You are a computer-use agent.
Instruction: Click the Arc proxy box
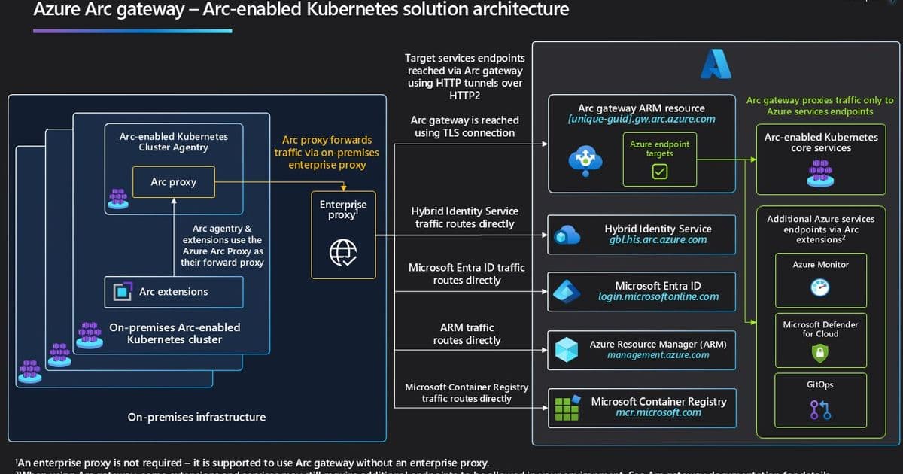point(173,182)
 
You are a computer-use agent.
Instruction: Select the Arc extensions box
point(174,292)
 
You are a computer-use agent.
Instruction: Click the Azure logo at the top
point(715,65)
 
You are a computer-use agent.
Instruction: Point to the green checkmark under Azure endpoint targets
point(659,172)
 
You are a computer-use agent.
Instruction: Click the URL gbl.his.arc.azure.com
point(658,239)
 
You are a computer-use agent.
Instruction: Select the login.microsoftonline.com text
point(658,296)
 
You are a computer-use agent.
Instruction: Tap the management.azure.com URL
point(658,354)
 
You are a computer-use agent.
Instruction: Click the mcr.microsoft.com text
point(658,412)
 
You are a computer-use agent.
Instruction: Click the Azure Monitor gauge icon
point(819,287)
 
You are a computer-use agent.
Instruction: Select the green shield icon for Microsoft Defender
point(819,352)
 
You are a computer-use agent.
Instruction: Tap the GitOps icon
point(819,409)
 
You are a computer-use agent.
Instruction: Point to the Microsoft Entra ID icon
point(566,292)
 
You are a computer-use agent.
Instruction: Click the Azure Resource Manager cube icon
point(566,349)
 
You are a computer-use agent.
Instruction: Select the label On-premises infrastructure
point(196,417)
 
